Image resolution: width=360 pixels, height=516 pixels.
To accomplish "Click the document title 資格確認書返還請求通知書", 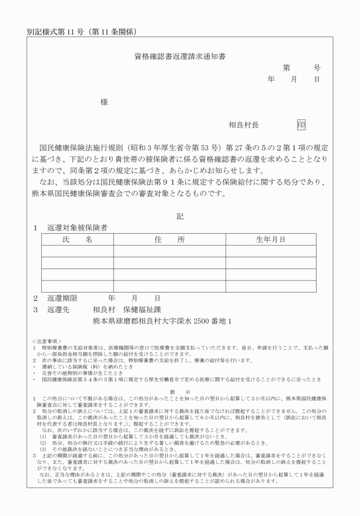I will [180, 57].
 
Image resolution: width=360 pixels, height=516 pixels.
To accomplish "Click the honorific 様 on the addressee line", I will [104, 102].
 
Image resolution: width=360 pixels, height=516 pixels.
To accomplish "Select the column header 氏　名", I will [77, 239].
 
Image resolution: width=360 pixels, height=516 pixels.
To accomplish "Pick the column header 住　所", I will [169, 239].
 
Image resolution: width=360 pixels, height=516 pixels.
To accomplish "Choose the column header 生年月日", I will [270, 239].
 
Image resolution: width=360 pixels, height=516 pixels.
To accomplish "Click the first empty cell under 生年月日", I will [270, 251].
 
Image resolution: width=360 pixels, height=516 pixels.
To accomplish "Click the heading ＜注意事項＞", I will [48, 341].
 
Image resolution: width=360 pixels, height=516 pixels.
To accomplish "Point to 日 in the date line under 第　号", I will [317, 79].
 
